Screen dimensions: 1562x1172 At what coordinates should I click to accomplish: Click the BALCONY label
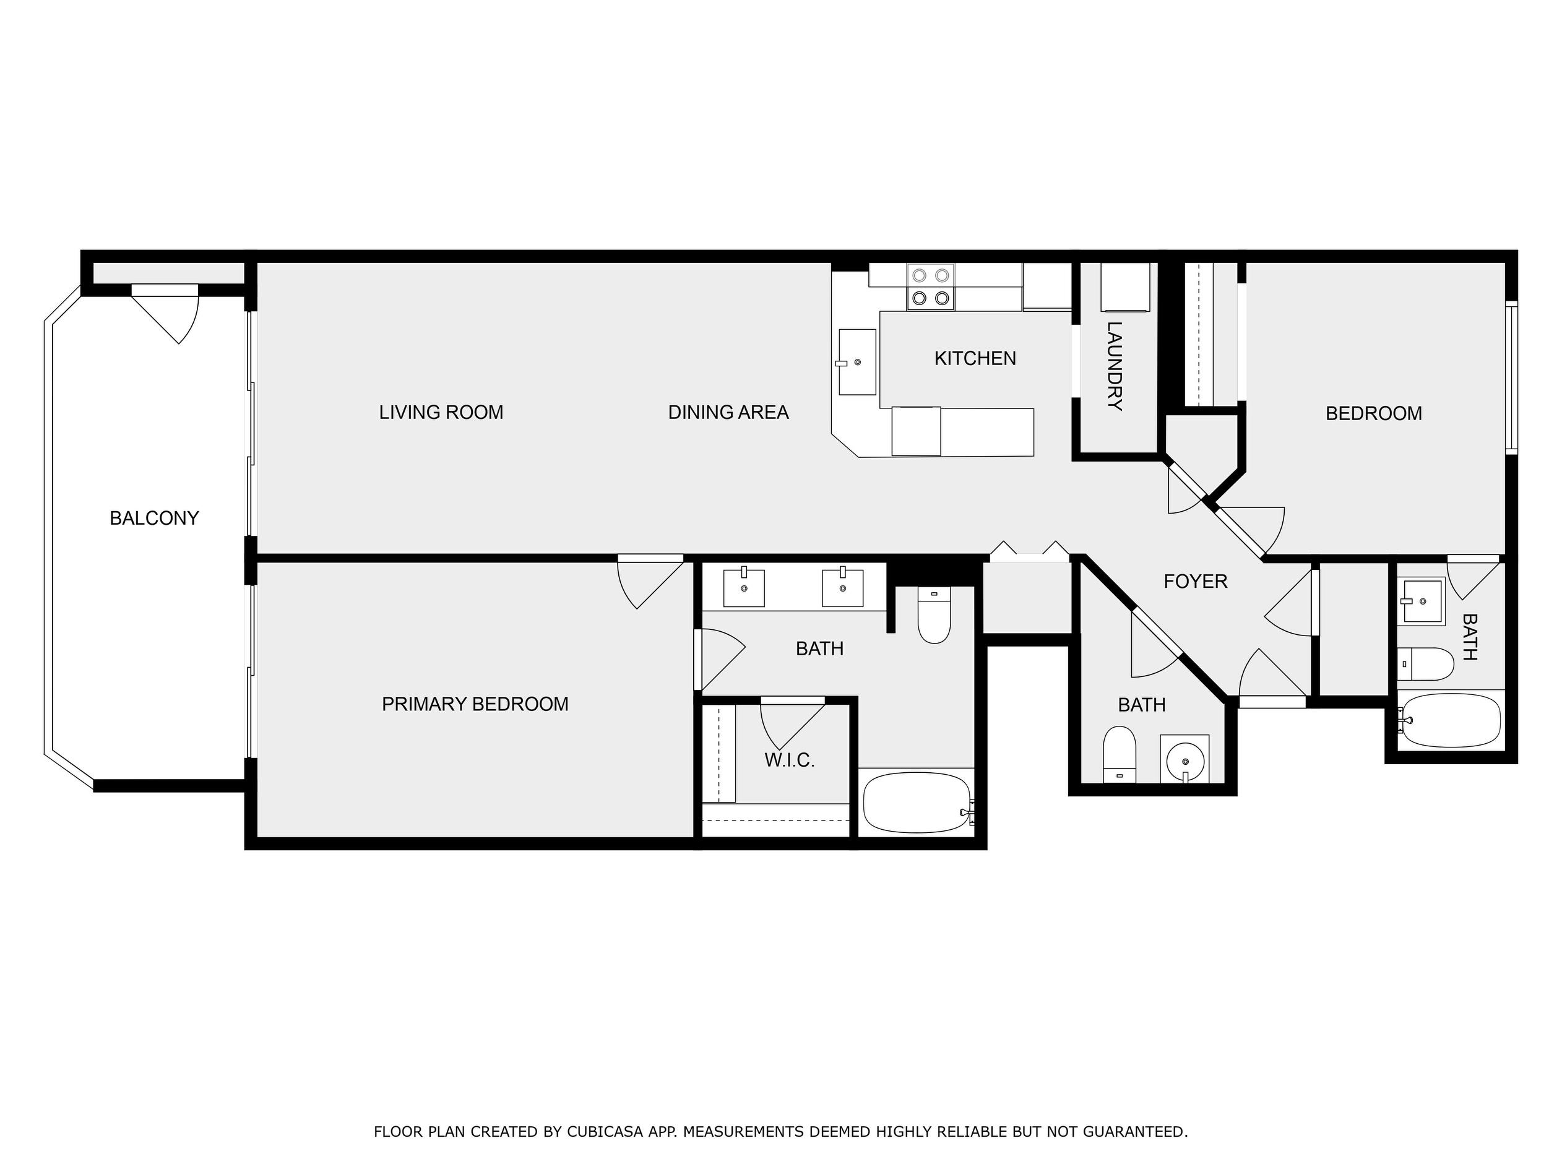154,518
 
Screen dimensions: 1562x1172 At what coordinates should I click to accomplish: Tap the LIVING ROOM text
441,412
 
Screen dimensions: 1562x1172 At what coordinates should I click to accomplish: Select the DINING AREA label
728,412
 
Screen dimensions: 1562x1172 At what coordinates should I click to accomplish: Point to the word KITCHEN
975,359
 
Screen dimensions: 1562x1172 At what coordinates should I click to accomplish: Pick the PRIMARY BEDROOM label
475,704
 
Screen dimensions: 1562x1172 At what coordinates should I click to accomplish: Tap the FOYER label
1196,581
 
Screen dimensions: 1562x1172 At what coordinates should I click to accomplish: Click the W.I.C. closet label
790,761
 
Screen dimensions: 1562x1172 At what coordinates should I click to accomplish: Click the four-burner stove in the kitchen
931,287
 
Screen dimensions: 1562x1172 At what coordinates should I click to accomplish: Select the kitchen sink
857,362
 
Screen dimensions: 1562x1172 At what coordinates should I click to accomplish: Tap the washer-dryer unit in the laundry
1125,287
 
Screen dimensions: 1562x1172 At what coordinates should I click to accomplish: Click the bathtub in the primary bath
917,803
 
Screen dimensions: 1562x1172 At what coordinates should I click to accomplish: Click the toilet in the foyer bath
1120,754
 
